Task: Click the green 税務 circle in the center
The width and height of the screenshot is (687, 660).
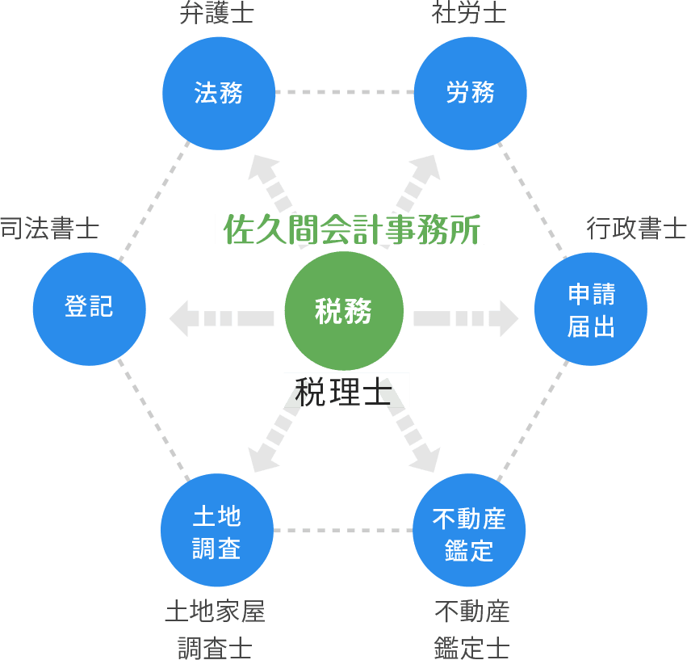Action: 343,311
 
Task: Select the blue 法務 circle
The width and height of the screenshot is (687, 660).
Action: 219,92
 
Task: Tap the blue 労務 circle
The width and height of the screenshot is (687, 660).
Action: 470,92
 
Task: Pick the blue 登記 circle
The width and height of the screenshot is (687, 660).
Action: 89,308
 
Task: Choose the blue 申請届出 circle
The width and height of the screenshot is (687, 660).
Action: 591,311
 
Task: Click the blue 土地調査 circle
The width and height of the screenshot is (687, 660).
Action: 217,530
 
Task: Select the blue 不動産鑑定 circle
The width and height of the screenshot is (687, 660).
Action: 469,530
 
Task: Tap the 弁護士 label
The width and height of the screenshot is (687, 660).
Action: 216,15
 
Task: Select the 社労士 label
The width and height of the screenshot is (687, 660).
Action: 468,15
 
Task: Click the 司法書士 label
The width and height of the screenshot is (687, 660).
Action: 48,229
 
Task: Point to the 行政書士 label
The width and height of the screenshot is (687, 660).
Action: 636,229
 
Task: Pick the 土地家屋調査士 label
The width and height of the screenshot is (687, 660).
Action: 216,628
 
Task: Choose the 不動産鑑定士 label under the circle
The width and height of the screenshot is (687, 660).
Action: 471,628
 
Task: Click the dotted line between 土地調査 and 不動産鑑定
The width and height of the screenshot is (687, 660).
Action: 343,531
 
